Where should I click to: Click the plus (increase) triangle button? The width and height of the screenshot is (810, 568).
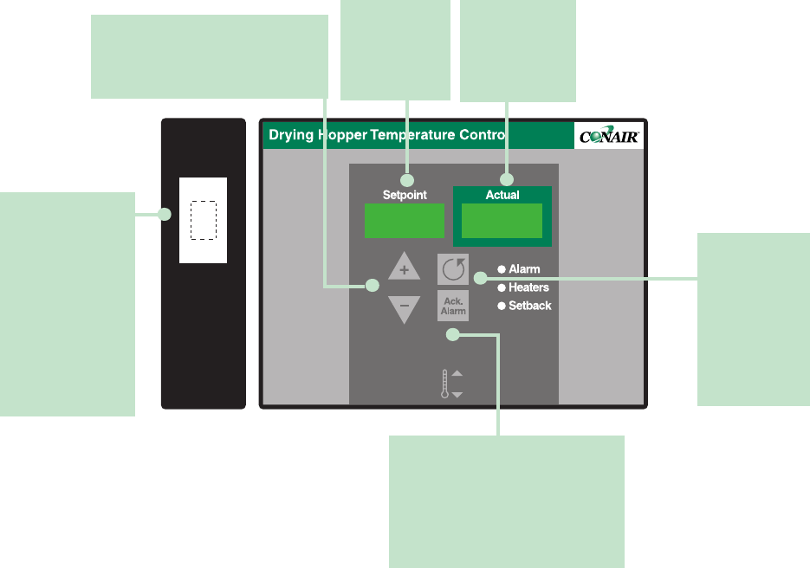tap(404, 268)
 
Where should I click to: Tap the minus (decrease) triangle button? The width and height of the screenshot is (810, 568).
tap(404, 307)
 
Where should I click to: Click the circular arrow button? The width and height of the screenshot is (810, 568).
tap(453, 269)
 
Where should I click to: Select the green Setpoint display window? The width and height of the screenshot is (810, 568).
tap(405, 221)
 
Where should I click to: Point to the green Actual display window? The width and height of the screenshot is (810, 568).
tap(502, 221)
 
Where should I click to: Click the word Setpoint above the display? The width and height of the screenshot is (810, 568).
tap(405, 195)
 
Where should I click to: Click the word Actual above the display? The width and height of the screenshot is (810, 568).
tap(502, 195)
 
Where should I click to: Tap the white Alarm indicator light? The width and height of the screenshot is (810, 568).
tap(501, 269)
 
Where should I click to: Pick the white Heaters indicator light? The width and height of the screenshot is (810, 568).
tap(501, 287)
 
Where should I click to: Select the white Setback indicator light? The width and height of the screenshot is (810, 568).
tap(501, 306)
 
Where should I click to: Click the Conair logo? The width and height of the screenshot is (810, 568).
tap(609, 136)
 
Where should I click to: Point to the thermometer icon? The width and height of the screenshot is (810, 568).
tap(445, 384)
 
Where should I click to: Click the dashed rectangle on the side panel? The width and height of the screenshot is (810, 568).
tap(203, 220)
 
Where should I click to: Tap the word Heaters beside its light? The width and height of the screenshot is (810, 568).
tap(528, 287)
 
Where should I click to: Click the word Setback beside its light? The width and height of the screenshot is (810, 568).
tap(530, 306)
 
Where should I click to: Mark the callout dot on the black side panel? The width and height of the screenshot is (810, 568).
tap(164, 214)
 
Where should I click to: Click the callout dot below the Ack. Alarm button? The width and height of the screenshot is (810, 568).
tap(452, 334)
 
